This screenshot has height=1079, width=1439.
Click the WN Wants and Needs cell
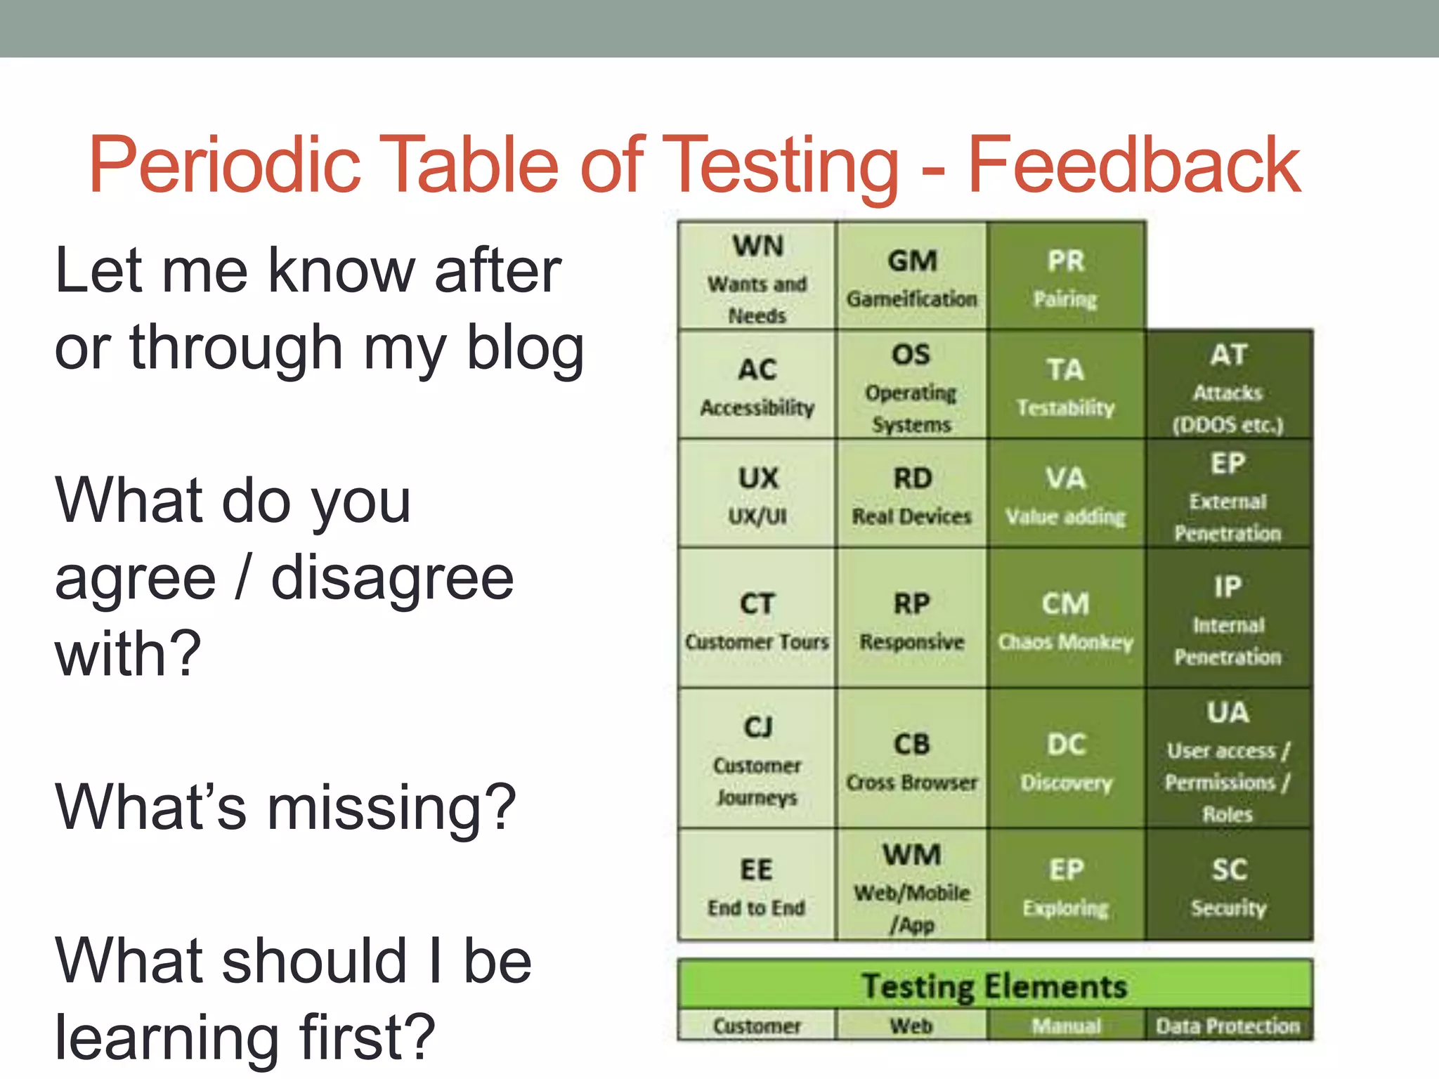click(x=757, y=276)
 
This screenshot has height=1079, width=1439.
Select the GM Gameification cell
click(x=911, y=276)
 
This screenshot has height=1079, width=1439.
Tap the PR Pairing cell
click(x=1065, y=276)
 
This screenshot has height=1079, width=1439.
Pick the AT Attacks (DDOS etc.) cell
click(x=1228, y=386)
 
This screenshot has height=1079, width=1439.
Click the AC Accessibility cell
click(x=757, y=386)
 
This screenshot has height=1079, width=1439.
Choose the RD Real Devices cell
click(x=911, y=494)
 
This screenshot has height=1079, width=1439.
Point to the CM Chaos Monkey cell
click(x=1065, y=618)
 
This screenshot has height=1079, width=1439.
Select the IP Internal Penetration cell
click(x=1228, y=618)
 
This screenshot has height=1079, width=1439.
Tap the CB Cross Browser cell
click(x=911, y=759)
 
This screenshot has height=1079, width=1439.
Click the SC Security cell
click(x=1228, y=885)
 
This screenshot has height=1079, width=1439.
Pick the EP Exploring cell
click(x=1065, y=885)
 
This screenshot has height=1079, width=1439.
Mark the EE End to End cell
click(x=757, y=885)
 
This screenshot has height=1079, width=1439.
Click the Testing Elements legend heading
click(x=994, y=985)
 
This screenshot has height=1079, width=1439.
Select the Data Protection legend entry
click(x=1228, y=1026)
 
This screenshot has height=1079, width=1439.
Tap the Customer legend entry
click(x=757, y=1026)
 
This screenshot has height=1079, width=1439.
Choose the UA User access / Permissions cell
click(x=1228, y=759)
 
